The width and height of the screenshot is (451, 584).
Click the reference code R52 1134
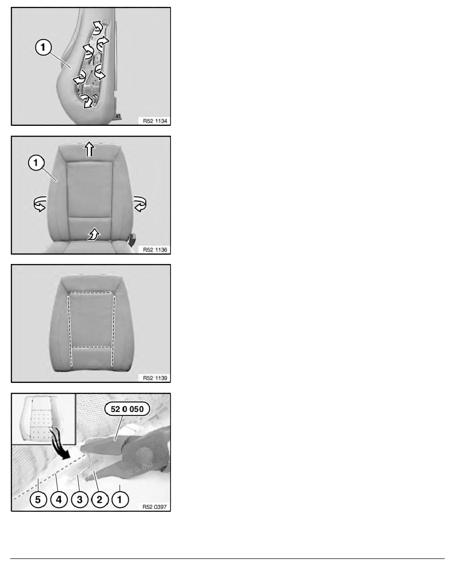[x=155, y=121]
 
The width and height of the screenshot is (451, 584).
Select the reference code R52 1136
[x=155, y=250]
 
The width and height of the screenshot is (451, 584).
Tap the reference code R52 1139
[x=155, y=378]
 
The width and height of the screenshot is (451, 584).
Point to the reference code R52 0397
[x=155, y=506]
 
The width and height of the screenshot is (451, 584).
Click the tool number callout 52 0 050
[x=127, y=409]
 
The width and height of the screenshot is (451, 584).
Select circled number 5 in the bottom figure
[x=38, y=499]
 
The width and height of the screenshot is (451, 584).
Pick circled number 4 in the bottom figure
[x=59, y=499]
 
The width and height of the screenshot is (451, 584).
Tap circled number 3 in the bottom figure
[x=79, y=499]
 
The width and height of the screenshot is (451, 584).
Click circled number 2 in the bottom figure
[x=99, y=499]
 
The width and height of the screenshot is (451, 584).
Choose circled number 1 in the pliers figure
[x=120, y=499]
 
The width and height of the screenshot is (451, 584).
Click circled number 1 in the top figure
[x=43, y=47]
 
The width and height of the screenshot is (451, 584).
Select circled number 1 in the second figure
[x=36, y=163]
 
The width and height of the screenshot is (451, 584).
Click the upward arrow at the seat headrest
[x=89, y=149]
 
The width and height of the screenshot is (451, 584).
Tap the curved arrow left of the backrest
[x=40, y=204]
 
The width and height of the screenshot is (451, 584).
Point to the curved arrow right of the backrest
[x=140, y=204]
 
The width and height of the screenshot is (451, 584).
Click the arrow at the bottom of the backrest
[x=93, y=234]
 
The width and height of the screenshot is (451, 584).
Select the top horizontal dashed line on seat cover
[x=91, y=293]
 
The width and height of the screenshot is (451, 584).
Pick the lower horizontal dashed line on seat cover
[x=91, y=347]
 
